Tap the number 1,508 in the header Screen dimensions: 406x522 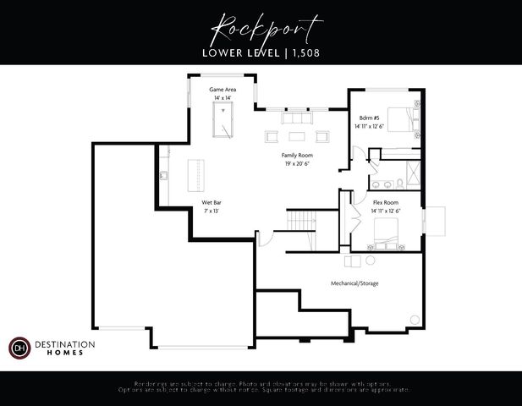coord(305,52)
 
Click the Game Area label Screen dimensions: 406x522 coord(223,89)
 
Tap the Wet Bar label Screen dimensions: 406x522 coord(212,203)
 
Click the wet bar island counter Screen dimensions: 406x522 coord(196,175)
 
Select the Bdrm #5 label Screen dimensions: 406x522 coord(369,118)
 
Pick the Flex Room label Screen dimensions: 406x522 coord(386,203)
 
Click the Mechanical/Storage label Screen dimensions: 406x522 coord(354,283)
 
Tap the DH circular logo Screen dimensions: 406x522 coord(19,348)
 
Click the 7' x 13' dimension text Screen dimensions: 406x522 coord(212,211)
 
